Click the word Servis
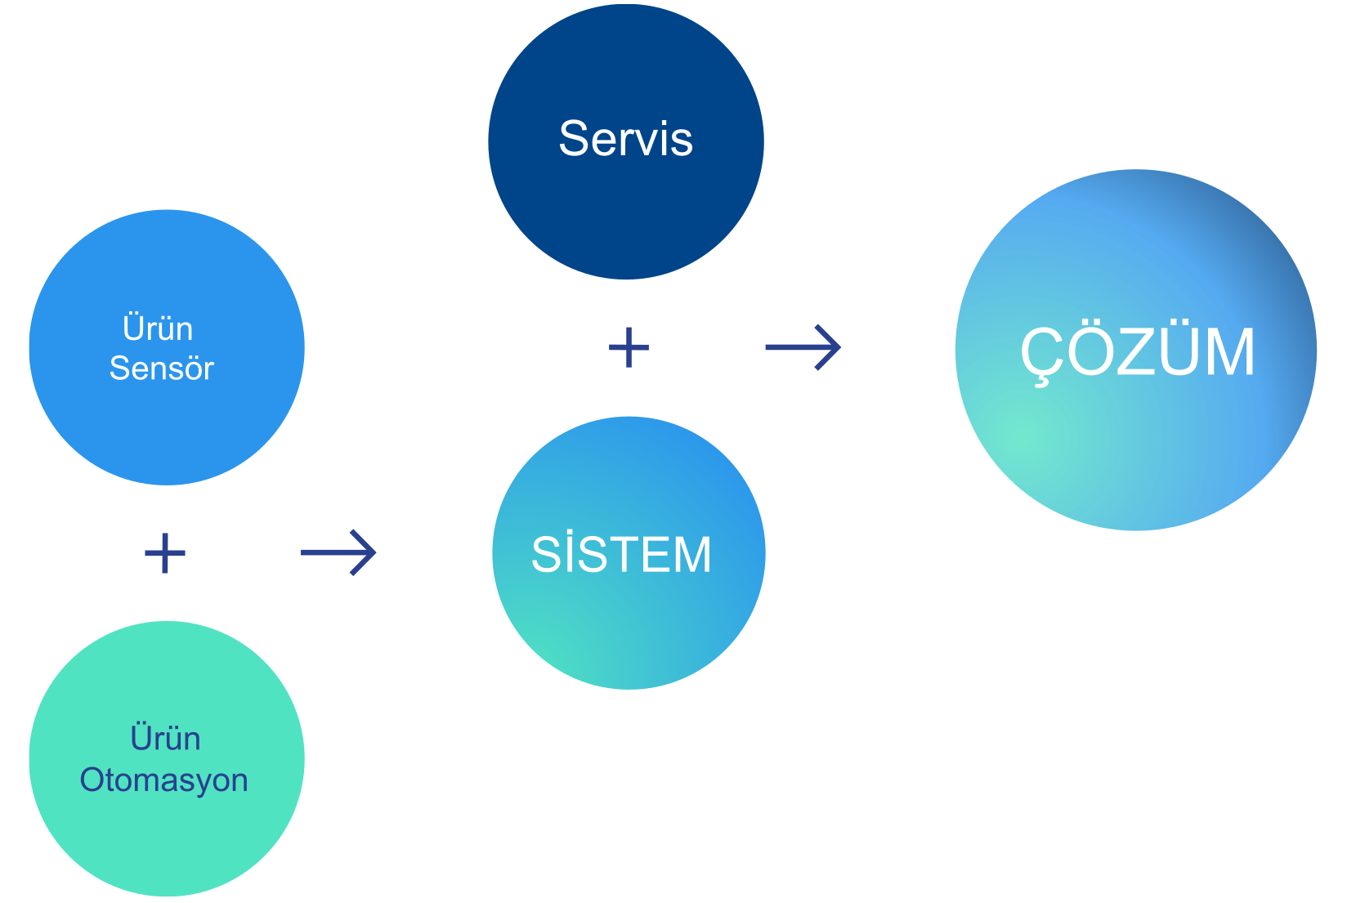625,138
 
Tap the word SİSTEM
621,555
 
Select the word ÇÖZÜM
1137,352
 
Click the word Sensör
161,369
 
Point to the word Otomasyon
163,780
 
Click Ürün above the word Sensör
158,329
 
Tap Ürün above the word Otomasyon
165,739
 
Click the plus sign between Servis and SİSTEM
629,347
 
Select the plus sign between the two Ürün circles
165,553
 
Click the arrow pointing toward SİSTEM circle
338,553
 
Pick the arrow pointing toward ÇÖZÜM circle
803,347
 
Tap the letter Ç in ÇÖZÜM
1040,354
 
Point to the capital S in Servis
575,138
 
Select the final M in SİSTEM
691,555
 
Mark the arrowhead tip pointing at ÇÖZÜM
839,347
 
